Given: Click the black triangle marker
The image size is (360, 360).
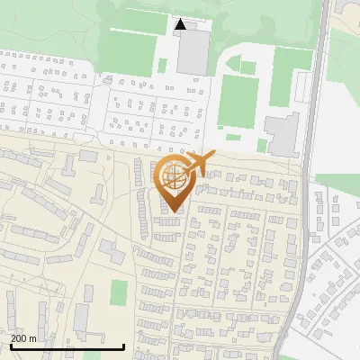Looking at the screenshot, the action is (x=180, y=25).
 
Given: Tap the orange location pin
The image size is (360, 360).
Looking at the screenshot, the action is (x=176, y=181).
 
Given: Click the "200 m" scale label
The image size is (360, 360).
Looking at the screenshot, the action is (x=23, y=338).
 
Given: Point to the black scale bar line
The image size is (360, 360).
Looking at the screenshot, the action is (x=67, y=346).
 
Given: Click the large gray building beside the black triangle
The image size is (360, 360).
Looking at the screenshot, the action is (x=192, y=52).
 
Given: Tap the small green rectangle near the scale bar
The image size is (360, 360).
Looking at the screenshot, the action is (x=119, y=292).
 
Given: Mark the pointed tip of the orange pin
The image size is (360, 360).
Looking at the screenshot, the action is (x=175, y=212).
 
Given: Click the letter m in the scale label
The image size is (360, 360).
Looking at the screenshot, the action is (x=32, y=338).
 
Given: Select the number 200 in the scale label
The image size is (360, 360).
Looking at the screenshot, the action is (x=19, y=338).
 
